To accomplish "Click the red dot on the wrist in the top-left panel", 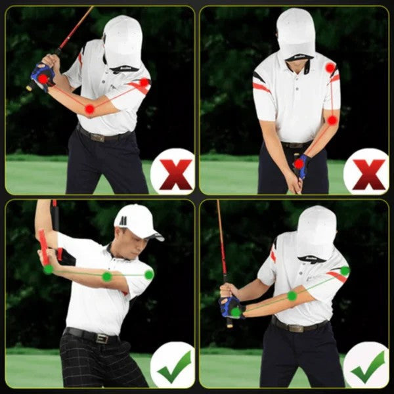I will pyautogui.click(x=43, y=78).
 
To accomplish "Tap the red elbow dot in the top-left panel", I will pyautogui.click(x=90, y=108).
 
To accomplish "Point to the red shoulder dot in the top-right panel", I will pyautogui.click(x=330, y=68).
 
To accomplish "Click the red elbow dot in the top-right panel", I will pyautogui.click(x=332, y=120).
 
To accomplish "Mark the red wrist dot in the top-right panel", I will pyautogui.click(x=299, y=164).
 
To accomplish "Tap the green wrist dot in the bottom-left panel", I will pyautogui.click(x=48, y=269).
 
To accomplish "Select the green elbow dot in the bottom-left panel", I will pyautogui.click(x=106, y=276).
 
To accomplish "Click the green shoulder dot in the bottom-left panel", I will pyautogui.click(x=149, y=274).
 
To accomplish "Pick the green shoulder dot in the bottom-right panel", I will pyautogui.click(x=345, y=271).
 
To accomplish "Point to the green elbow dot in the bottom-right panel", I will pyautogui.click(x=292, y=296).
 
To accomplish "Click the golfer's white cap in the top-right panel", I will pyautogui.click(x=295, y=33).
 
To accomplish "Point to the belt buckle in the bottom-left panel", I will pyautogui.click(x=102, y=338).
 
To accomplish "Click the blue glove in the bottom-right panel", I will pyautogui.click(x=231, y=306).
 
